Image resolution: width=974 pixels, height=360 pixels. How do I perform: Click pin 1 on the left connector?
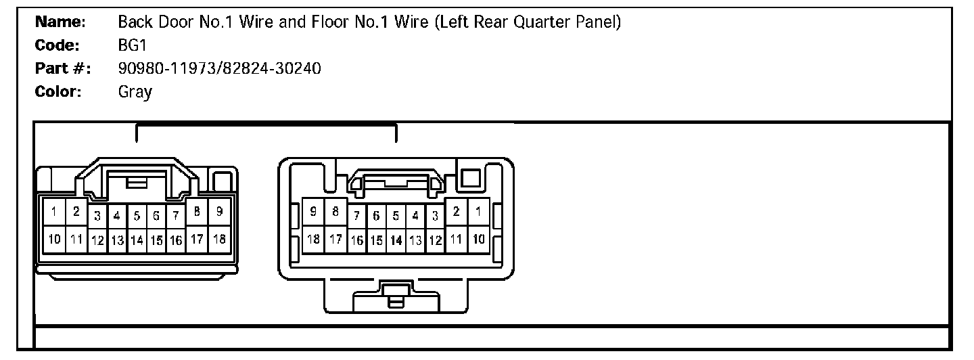[53, 212]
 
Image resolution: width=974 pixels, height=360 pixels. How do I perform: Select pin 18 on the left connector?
[219, 238]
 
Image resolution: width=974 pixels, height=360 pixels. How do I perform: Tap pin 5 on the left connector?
[137, 217]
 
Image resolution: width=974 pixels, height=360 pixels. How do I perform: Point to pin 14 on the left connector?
[137, 240]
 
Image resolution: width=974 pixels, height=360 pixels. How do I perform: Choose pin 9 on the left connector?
[219, 212]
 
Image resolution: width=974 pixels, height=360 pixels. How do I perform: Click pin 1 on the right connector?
[478, 212]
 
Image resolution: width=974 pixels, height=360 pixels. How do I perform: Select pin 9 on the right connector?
[313, 212]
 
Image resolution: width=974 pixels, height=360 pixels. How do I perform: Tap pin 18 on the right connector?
[313, 238]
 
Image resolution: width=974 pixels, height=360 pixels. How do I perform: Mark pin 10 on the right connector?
[478, 238]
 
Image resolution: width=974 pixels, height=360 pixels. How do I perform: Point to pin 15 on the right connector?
[376, 240]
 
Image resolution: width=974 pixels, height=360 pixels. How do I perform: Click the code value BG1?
[129, 45]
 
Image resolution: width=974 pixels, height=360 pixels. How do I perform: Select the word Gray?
[135, 91]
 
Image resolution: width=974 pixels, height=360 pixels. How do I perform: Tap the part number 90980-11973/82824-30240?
[219, 68]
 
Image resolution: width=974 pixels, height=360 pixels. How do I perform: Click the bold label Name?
[60, 22]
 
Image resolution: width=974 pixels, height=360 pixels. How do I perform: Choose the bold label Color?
[58, 91]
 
